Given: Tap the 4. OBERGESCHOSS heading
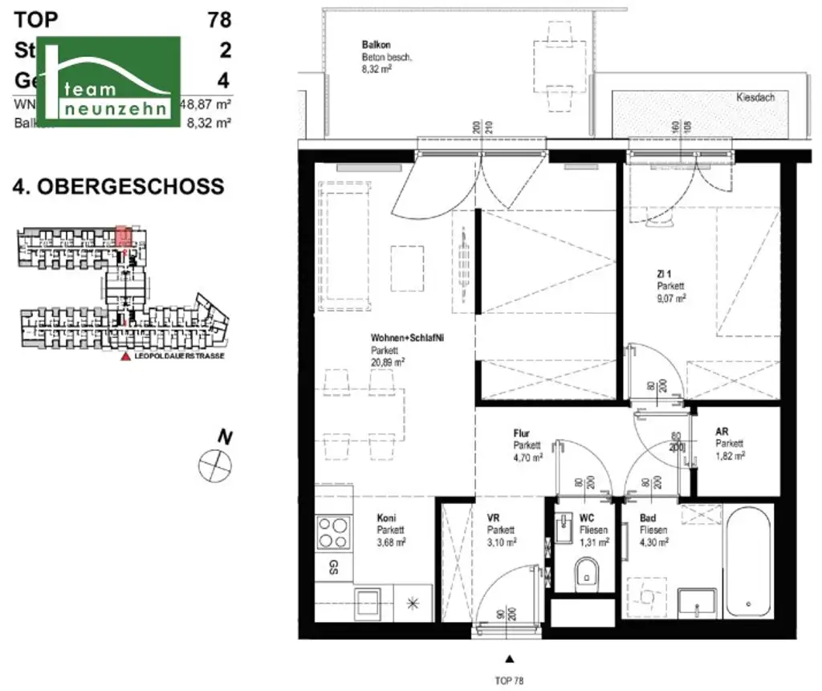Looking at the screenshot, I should pyautogui.click(x=118, y=187).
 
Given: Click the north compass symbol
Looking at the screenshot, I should pyautogui.click(x=214, y=464).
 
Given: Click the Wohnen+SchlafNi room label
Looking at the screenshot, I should pyautogui.click(x=407, y=339).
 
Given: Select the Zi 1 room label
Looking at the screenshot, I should pyautogui.click(x=664, y=274).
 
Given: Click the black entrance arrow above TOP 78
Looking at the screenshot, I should pyautogui.click(x=508, y=659).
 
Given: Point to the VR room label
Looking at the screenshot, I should pyautogui.click(x=494, y=518).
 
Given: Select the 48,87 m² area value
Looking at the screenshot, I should pyautogui.click(x=206, y=104).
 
